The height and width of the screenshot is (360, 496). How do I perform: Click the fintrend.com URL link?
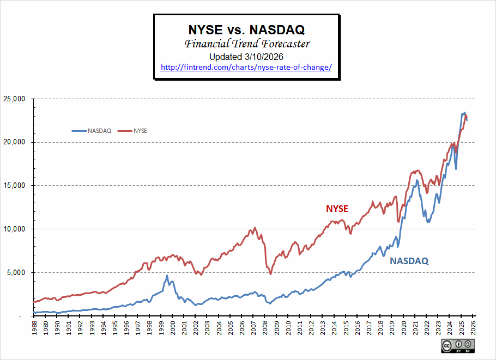(246, 67)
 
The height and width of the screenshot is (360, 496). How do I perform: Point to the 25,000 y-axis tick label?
(15, 99)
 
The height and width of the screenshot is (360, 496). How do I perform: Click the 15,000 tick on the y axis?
(15, 186)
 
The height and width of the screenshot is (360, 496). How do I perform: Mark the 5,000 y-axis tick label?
(17, 272)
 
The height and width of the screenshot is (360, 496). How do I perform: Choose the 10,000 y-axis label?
(15, 229)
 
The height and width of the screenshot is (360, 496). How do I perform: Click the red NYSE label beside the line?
(337, 209)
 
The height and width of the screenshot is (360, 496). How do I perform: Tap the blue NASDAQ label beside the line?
(409, 261)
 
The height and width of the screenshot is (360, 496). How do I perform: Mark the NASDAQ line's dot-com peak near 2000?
(167, 276)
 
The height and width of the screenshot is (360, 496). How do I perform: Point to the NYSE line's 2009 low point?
(270, 273)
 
